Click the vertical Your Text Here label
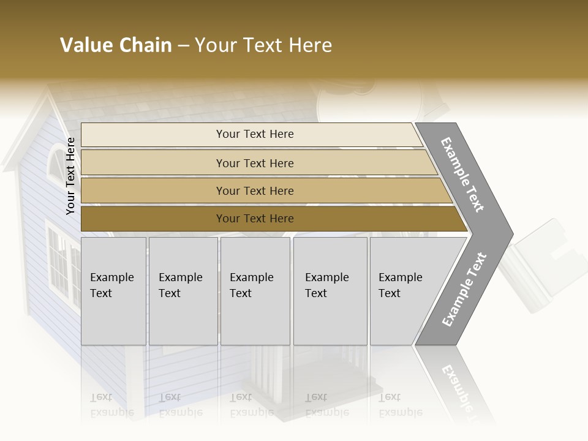click(70, 176)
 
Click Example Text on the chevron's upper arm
click(462, 175)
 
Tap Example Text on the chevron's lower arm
click(464, 289)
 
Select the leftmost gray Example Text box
click(113, 291)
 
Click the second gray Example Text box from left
click(183, 291)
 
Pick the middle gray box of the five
click(255, 291)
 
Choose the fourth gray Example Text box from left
click(330, 291)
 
